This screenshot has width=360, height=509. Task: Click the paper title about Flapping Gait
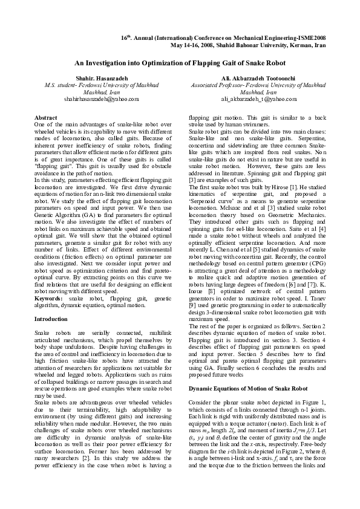point(180,63)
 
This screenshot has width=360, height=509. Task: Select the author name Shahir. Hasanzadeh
point(93,79)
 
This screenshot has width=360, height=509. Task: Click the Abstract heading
point(46,117)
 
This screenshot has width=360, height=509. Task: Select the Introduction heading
point(51,319)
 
